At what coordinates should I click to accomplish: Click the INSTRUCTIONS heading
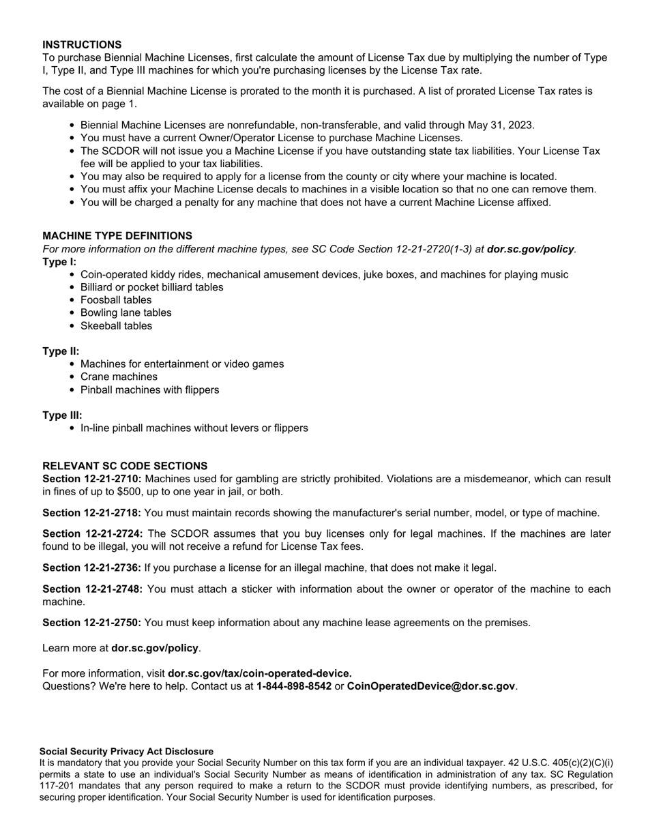coord(82,44)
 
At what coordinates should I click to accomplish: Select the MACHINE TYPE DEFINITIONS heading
coord(117,236)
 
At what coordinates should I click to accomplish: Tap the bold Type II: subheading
coord(61,351)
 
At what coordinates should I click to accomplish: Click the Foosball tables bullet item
coord(116,300)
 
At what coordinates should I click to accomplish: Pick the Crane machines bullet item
coord(119,377)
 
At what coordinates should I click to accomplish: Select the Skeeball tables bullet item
coord(116,326)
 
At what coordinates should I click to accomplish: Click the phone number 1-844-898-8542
coord(294,686)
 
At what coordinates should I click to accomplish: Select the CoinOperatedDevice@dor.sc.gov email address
coord(431,686)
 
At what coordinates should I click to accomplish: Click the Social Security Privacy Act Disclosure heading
coord(126,751)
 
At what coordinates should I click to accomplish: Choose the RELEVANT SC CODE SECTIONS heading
coord(125,466)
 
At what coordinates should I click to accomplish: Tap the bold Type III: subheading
coord(62,415)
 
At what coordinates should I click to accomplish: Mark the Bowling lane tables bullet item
coord(126,313)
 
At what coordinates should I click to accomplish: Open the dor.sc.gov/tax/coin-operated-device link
coord(259,673)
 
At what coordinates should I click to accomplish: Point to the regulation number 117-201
coord(59,786)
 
